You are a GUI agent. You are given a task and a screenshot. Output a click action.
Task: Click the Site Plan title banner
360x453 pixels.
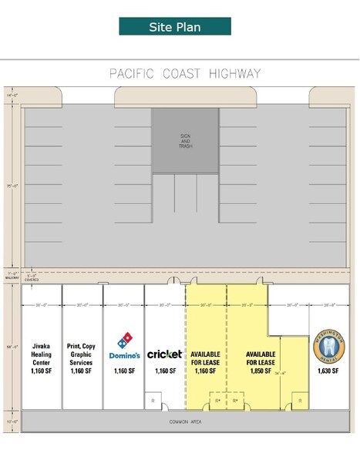click(x=175, y=27)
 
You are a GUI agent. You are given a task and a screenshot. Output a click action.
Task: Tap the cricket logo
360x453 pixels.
click(x=164, y=354)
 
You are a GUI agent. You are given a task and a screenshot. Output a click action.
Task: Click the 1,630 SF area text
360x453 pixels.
click(x=329, y=371)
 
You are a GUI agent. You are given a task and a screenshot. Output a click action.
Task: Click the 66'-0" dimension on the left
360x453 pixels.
click(x=10, y=347)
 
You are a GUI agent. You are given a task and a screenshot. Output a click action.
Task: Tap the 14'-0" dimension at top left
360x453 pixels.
click(x=10, y=93)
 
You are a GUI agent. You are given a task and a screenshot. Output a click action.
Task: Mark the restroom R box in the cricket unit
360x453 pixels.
click(x=153, y=401)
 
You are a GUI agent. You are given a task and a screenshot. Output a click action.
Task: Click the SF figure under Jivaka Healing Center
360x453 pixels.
click(x=41, y=371)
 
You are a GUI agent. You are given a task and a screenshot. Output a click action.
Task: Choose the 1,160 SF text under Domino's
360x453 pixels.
click(x=123, y=371)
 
